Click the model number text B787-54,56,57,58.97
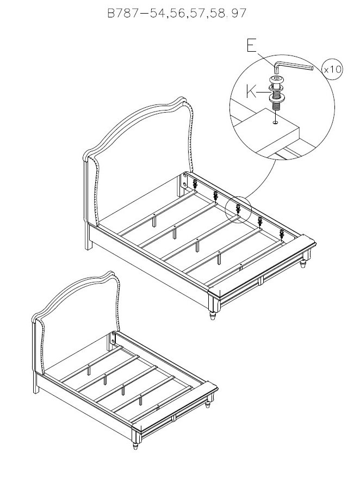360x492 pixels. click(177, 13)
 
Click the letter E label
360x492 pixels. click(251, 46)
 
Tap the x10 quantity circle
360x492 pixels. click(332, 69)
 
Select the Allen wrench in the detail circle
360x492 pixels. click(293, 66)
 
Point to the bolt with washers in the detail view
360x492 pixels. click(276, 93)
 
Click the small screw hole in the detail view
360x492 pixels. click(276, 122)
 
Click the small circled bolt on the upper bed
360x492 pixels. click(238, 209)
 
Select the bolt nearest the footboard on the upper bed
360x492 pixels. click(282, 234)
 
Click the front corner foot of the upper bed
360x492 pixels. click(213, 315)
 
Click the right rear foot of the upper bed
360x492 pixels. click(303, 263)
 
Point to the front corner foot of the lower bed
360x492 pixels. click(135, 446)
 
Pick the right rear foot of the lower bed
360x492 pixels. click(208, 405)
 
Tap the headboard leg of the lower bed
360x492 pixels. click(36, 383)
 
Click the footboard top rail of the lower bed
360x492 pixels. click(175, 405)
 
